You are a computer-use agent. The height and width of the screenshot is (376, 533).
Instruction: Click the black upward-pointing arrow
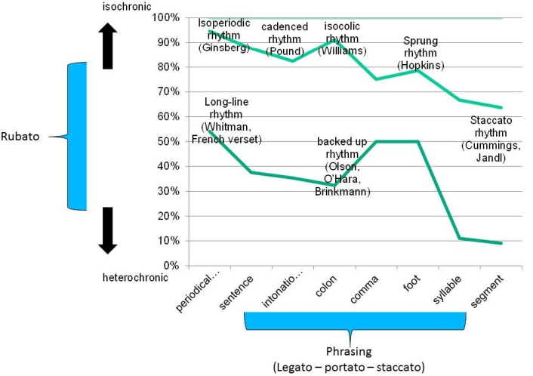(x=107, y=46)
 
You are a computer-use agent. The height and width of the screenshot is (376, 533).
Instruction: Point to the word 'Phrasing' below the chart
(x=348, y=351)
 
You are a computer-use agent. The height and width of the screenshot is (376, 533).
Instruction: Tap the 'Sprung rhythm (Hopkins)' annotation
(x=421, y=54)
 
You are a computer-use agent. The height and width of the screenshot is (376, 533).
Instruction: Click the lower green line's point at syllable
(x=460, y=239)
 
